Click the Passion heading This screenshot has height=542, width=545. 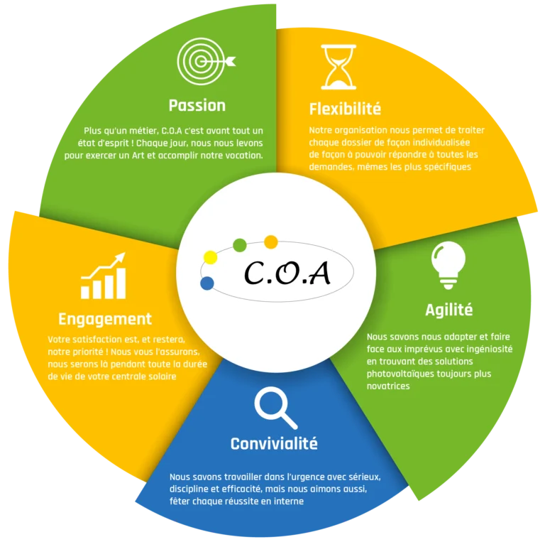point(197,105)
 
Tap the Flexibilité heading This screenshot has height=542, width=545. point(345,109)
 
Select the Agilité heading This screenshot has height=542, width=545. point(448,310)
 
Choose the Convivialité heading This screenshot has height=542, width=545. point(274,444)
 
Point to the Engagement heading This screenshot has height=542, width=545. point(105,319)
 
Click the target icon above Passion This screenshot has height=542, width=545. point(204,63)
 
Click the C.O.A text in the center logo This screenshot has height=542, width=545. point(287,272)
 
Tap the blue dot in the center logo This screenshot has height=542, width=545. point(207,283)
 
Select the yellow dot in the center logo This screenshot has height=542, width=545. point(210,256)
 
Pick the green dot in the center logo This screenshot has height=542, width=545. point(240,245)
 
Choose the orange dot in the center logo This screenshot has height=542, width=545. point(270,242)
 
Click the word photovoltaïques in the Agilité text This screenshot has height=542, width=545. point(401,374)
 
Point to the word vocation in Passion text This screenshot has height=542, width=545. point(242,155)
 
